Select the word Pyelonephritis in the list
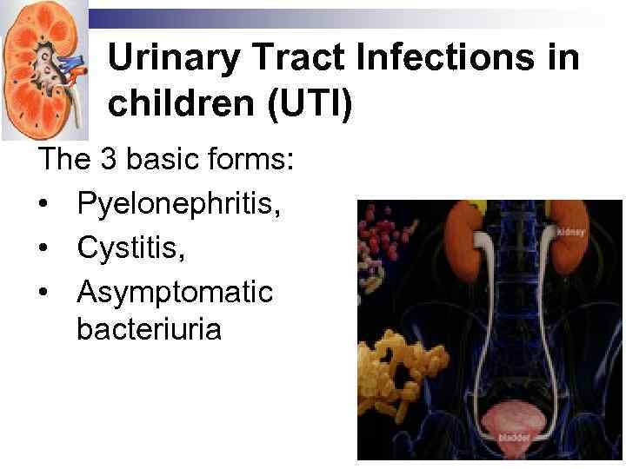point(171,204)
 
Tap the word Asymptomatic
point(175,291)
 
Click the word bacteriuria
point(149,330)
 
